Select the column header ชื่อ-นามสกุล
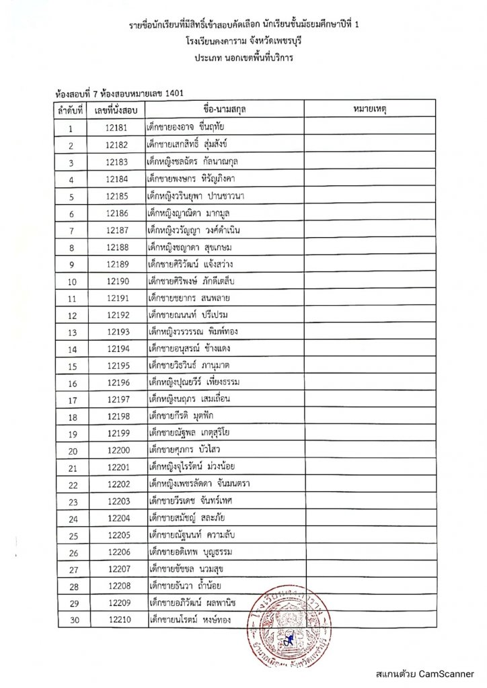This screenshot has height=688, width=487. (x=223, y=108)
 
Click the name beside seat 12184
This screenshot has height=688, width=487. (x=193, y=178)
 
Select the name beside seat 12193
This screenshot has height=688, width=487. (x=200, y=331)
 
